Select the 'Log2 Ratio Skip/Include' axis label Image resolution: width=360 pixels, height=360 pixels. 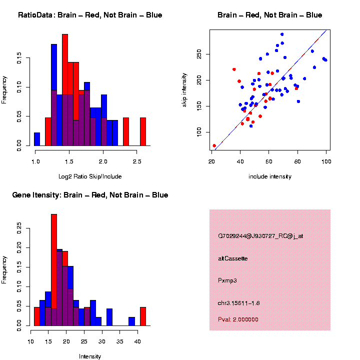(90, 176)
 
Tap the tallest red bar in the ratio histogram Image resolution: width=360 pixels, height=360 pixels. (65, 90)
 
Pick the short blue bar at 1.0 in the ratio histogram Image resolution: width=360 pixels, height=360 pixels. (37, 139)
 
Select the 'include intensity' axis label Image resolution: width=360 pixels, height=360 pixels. (270, 176)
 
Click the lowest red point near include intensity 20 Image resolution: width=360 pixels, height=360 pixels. (214, 145)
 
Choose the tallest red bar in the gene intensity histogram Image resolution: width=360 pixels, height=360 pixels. (54, 270)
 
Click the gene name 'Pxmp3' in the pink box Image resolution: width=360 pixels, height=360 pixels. (227, 280)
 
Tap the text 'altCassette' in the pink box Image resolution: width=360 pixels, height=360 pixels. (233, 258)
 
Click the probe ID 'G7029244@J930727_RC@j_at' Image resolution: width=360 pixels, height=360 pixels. (260, 236)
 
